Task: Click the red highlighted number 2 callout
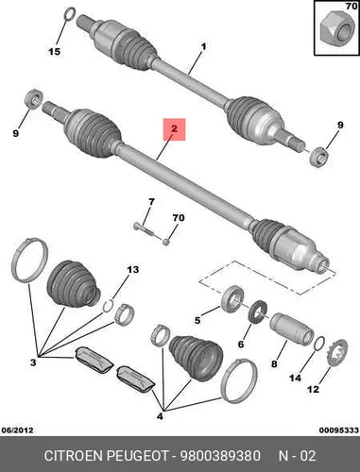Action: tap(174, 129)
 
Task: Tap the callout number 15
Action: tap(54, 51)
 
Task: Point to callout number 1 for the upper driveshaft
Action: tap(204, 46)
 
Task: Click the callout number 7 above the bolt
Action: tap(151, 202)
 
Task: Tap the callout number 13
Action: tap(132, 270)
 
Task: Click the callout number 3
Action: tap(33, 362)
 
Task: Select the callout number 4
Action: tap(160, 416)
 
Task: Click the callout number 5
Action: tap(197, 320)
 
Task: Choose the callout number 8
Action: tap(274, 364)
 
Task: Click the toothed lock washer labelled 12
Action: tap(336, 353)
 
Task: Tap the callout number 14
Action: tap(295, 378)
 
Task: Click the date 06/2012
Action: tap(17, 430)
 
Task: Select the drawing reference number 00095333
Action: tap(339, 430)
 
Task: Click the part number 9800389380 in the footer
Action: tap(220, 456)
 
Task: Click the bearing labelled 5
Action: tap(232, 298)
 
